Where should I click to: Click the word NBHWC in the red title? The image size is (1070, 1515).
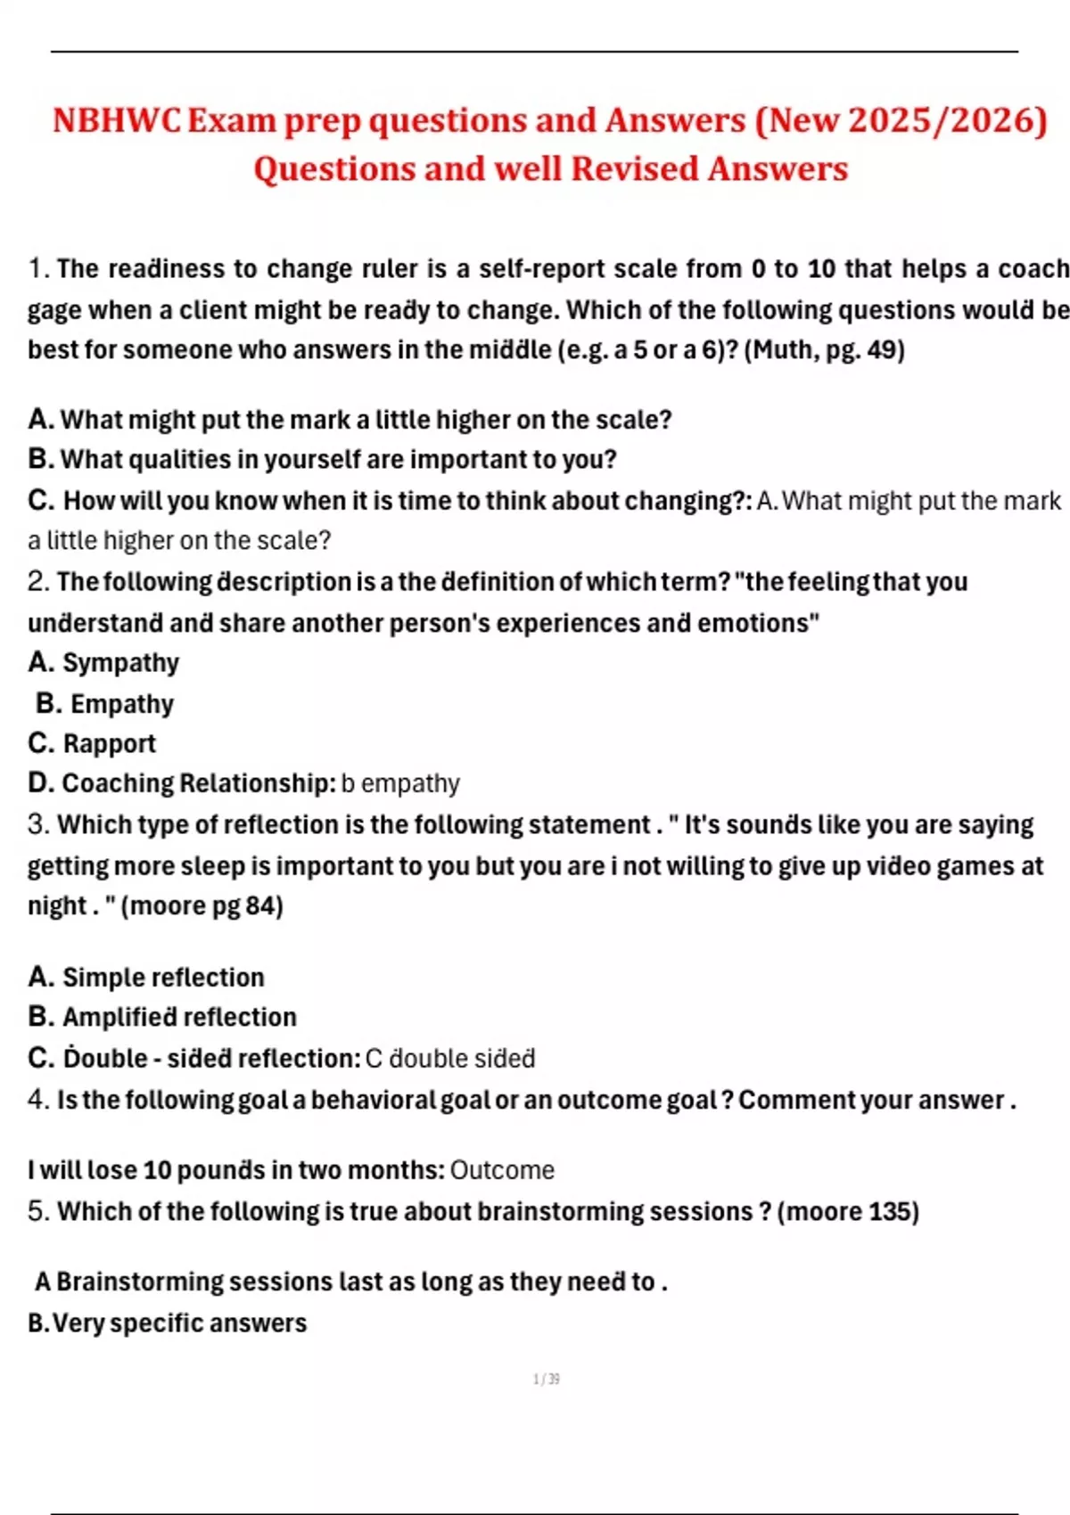pyautogui.click(x=117, y=120)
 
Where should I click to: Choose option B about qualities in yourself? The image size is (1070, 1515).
pyautogui.click(x=322, y=460)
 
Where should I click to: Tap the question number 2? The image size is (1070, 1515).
pyautogui.click(x=37, y=582)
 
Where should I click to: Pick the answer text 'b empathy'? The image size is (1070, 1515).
pyautogui.click(x=400, y=783)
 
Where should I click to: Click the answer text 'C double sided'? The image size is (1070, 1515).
pyautogui.click(x=450, y=1059)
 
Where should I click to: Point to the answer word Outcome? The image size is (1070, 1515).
pyautogui.click(x=502, y=1170)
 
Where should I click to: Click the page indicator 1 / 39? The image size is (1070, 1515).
pyautogui.click(x=546, y=1380)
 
